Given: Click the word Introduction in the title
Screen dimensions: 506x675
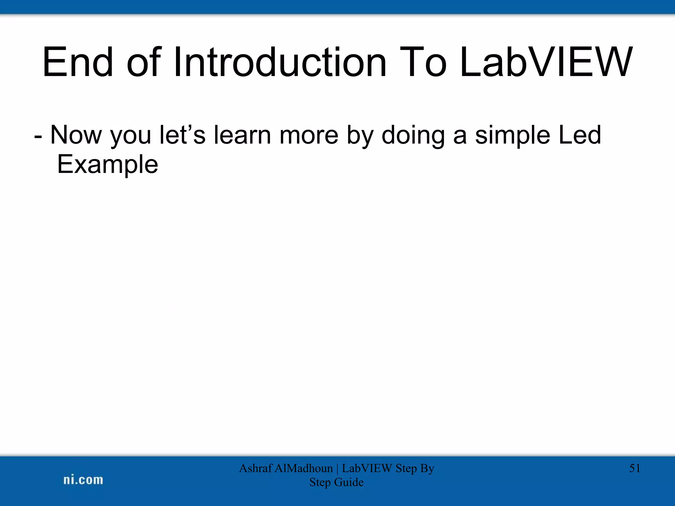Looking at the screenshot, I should point(279,63).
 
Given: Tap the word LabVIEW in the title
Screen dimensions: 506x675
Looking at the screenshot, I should point(545,63).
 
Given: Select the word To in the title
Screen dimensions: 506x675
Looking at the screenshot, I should point(423,63).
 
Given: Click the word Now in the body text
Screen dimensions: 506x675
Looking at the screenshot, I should point(76,135).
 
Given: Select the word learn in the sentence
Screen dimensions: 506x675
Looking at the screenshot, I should point(242,135).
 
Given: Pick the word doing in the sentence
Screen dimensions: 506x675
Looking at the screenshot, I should point(413,135).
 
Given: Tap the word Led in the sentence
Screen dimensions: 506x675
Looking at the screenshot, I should point(580,135).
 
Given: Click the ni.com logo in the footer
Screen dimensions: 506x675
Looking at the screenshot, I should point(83,480).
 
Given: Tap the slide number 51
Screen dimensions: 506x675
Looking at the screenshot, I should point(634,468).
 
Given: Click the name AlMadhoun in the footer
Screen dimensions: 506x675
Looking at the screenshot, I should point(303,468).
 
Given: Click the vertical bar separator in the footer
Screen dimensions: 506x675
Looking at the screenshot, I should point(337,468).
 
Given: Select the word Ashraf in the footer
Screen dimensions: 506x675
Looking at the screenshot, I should point(255,468).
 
